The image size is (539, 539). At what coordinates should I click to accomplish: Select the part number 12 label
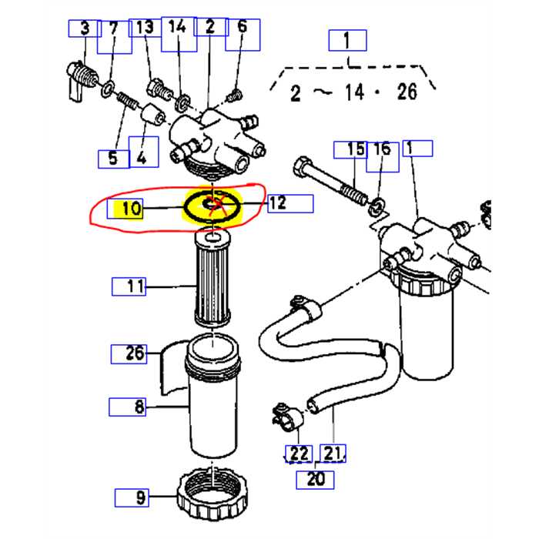pos(279,203)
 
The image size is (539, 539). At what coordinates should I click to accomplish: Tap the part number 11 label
pos(136,287)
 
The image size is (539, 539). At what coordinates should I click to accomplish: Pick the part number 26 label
pos(136,354)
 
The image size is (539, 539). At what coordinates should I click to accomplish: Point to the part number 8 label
pos(138,407)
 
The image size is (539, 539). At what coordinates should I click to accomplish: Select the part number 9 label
pos(140,497)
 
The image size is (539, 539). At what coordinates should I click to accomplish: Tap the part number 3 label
pos(85,28)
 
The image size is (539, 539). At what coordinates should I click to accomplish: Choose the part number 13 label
pos(145,28)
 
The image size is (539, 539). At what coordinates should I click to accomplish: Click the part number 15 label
pos(355,149)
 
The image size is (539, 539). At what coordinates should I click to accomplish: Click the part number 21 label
pos(333,454)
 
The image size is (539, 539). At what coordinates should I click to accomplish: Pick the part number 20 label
pos(316,479)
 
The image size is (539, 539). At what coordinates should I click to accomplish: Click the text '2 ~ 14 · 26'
pos(353,93)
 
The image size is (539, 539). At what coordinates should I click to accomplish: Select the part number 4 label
pos(142,159)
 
